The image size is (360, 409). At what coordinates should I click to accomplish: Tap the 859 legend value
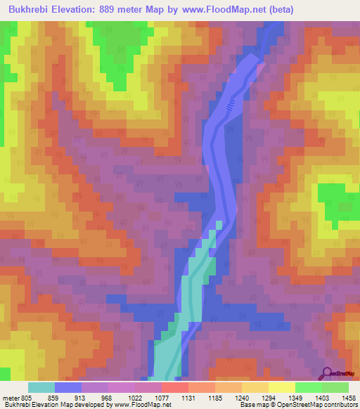tap(62, 398)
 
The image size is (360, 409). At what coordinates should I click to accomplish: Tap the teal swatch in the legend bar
tap(41, 387)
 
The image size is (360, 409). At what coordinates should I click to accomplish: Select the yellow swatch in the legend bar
tap(282, 387)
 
